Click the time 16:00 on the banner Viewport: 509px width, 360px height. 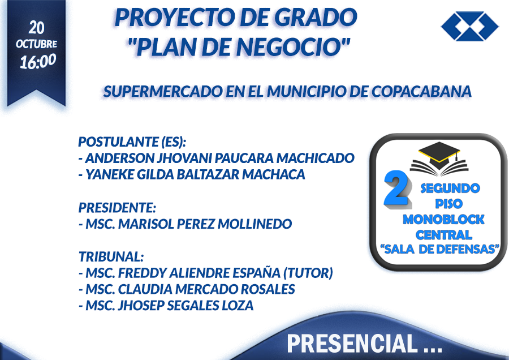(38, 62)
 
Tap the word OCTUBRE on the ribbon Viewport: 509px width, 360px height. (36, 44)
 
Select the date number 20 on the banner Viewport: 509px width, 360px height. (36, 28)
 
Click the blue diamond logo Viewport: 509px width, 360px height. (470, 26)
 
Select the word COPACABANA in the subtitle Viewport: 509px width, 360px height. (421, 92)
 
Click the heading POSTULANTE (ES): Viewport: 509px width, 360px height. (132, 142)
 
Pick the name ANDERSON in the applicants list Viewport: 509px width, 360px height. (119, 158)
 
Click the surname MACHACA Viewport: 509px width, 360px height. (274, 174)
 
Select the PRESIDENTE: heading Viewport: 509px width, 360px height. (117, 208)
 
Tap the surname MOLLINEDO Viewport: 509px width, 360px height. (255, 224)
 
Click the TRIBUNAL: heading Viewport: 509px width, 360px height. (111, 256)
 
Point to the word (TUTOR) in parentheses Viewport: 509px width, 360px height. (308, 273)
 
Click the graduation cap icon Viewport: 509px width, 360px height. (439, 158)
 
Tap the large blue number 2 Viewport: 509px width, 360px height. (397, 188)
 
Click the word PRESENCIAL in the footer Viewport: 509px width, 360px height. (352, 344)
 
